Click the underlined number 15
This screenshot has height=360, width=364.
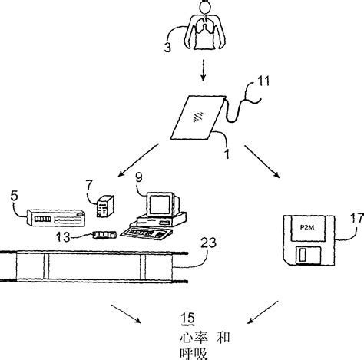(x=184, y=318)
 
